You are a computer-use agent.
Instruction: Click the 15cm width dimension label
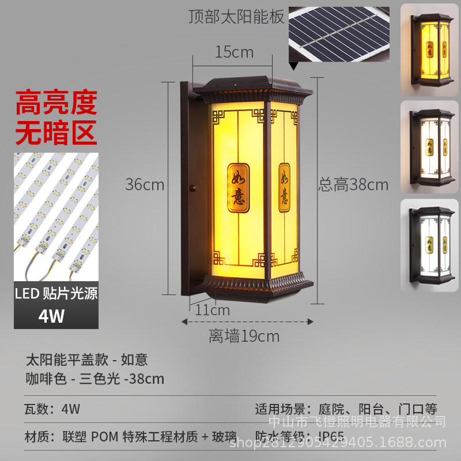[x=234, y=52]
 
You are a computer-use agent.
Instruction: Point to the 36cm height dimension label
[x=145, y=185]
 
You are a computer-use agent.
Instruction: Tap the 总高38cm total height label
[x=353, y=185]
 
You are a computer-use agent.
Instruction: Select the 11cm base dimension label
[x=213, y=310]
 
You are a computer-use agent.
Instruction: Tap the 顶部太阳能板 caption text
[x=236, y=17]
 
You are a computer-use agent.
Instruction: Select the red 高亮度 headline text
[x=56, y=104]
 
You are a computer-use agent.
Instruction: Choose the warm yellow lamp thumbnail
[x=429, y=49]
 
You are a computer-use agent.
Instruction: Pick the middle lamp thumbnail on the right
[x=429, y=146]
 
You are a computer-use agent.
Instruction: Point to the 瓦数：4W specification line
[x=52, y=409]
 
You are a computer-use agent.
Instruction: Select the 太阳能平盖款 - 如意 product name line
[x=86, y=360]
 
